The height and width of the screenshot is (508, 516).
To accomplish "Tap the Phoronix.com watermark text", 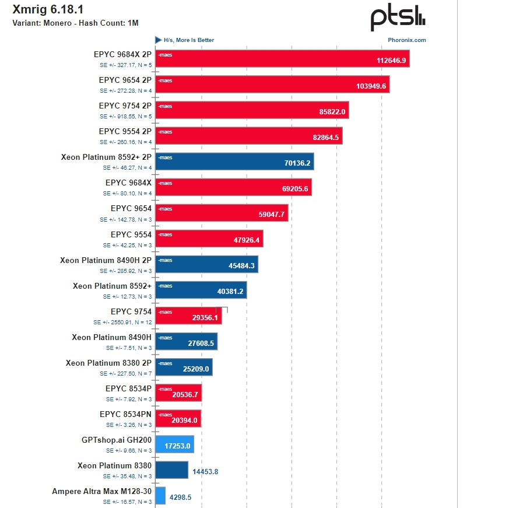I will [x=406, y=40].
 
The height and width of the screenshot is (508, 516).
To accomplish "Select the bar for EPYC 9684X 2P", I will [x=282, y=59].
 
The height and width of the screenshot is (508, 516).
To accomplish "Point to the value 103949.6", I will [x=371, y=86].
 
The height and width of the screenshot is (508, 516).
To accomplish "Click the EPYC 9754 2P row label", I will [x=125, y=106].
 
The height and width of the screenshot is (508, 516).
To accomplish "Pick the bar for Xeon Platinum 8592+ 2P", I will [x=234, y=162].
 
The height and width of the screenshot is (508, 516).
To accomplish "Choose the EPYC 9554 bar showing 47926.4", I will [x=210, y=239].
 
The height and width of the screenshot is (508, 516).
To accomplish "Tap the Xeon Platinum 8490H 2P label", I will [x=106, y=260].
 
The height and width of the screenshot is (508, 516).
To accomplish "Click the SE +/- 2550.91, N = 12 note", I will [x=122, y=322].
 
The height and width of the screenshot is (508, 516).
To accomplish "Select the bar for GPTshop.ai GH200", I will [x=174, y=444].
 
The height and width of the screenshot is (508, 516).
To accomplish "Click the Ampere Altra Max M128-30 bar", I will [x=160, y=495].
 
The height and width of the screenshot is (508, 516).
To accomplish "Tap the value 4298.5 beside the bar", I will [x=180, y=498].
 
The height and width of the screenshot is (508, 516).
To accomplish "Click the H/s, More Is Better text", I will [x=188, y=40].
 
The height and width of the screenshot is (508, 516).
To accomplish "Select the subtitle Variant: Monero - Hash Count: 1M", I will [x=75, y=23].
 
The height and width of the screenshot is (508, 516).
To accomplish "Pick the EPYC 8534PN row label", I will [x=125, y=414].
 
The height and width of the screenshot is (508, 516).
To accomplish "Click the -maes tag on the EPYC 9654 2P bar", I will [x=165, y=80].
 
